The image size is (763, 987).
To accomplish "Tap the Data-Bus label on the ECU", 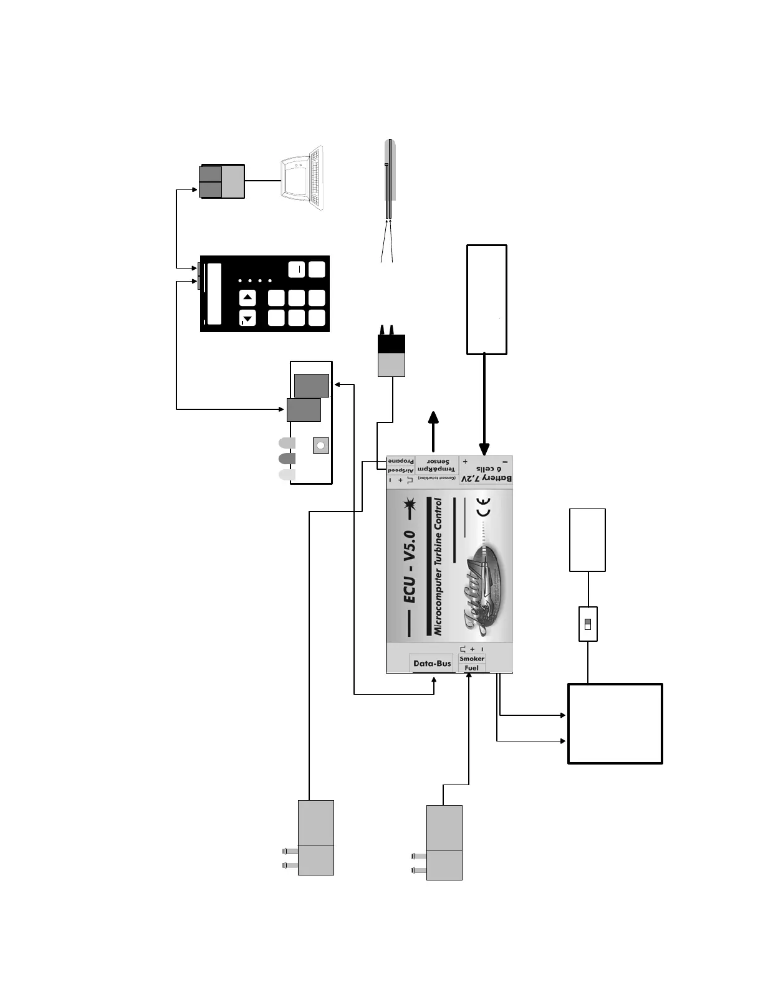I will [x=432, y=664].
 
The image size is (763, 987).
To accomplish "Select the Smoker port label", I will [x=472, y=659].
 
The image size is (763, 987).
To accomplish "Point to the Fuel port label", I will [x=472, y=668].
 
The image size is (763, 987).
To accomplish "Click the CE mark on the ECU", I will [x=483, y=507].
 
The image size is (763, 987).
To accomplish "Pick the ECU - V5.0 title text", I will [x=409, y=567].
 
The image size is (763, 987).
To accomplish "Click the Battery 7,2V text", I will [x=487, y=479].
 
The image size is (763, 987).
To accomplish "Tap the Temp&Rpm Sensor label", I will [x=436, y=465].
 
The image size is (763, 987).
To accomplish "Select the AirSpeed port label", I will [x=400, y=470].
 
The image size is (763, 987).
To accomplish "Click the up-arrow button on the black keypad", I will [x=248, y=298].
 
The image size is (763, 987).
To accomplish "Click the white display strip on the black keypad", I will [x=214, y=293].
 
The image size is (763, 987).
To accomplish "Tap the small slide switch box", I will [x=588, y=624].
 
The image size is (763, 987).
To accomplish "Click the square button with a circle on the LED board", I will [x=320, y=446].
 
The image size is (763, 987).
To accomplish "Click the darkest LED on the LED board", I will [x=287, y=459].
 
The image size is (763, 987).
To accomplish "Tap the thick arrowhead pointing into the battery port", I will [x=484, y=449].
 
